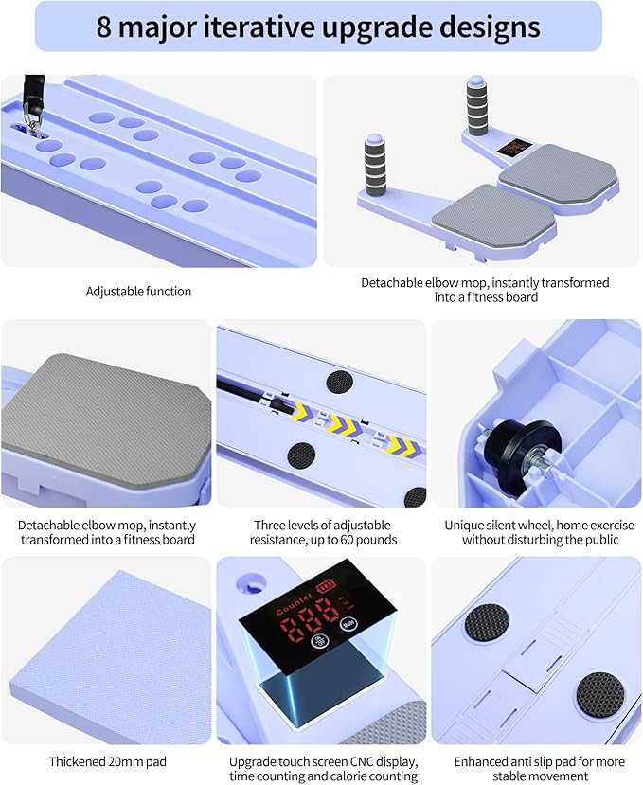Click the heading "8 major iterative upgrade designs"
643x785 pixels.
point(318,27)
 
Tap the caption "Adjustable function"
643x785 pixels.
point(138,292)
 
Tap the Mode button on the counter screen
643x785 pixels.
point(348,624)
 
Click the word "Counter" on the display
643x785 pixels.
point(294,603)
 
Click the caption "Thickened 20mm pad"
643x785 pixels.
point(108,762)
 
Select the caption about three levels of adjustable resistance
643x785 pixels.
point(324,532)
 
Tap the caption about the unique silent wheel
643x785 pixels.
point(540,532)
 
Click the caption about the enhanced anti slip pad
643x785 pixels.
point(540,769)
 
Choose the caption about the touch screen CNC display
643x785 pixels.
point(324,769)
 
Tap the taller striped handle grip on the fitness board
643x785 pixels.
point(477,106)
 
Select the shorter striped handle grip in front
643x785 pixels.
point(375,165)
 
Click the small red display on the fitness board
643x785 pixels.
point(514,147)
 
